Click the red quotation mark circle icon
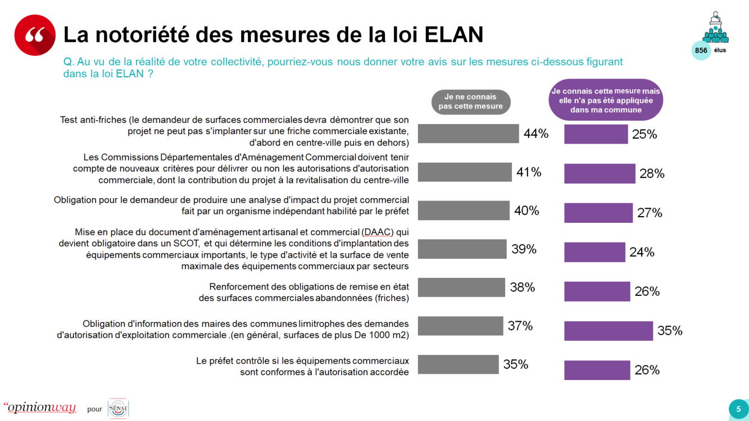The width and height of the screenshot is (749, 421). point(35,35)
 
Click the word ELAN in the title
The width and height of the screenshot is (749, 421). point(453,35)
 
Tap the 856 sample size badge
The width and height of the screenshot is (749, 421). point(701,51)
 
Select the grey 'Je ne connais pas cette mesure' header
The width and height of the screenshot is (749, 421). point(470,102)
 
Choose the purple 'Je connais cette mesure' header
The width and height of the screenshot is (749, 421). point(605,100)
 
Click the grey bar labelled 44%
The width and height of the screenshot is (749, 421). point(468,134)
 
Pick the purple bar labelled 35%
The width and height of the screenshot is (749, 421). point(609,331)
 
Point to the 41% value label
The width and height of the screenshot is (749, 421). point(529,172)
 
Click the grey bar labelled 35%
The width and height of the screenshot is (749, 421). point(458,364)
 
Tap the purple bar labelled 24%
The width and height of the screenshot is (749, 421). point(594,252)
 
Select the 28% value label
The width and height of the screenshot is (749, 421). point(652,173)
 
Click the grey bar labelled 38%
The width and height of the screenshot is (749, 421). point(461,287)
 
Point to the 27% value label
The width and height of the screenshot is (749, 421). point(650,213)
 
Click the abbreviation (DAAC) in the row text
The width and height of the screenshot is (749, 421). point(377,232)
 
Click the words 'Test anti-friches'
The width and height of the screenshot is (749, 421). point(93,120)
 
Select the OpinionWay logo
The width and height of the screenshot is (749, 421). point(40,408)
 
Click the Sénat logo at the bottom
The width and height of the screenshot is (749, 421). point(118,408)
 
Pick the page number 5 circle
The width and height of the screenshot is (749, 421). point(738,409)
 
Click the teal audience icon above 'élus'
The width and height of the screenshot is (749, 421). point(715,28)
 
